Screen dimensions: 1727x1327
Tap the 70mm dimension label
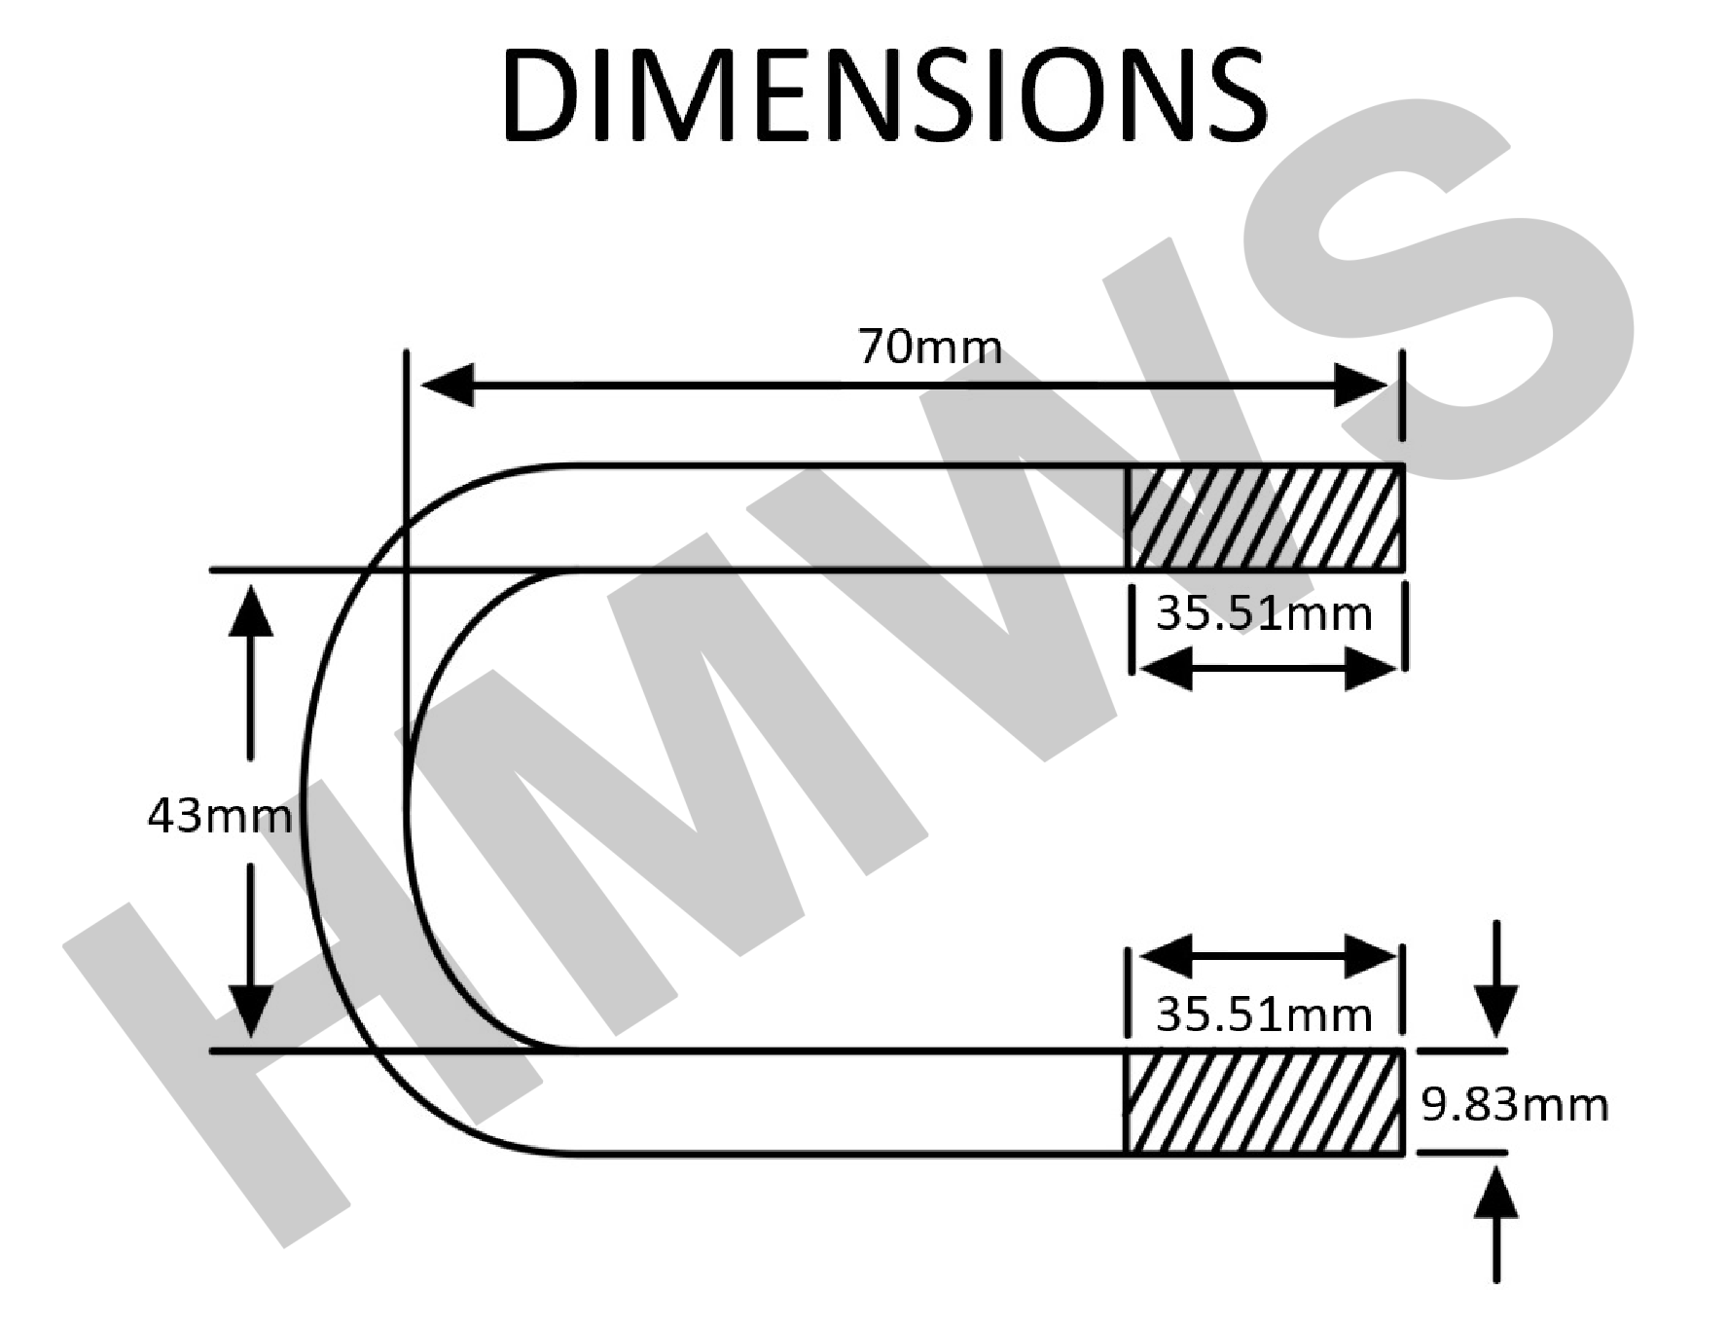point(929,347)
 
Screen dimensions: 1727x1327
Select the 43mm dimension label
point(219,815)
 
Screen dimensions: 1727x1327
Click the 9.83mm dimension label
point(1515,1105)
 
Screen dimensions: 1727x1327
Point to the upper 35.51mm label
point(1264,613)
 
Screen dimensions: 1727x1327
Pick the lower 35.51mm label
point(1264,1015)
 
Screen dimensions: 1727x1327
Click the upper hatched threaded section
point(1264,517)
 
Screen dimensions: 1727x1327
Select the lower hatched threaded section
point(1264,1103)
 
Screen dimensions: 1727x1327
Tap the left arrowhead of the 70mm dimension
point(448,386)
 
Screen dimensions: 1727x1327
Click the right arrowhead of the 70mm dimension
point(1361,386)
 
